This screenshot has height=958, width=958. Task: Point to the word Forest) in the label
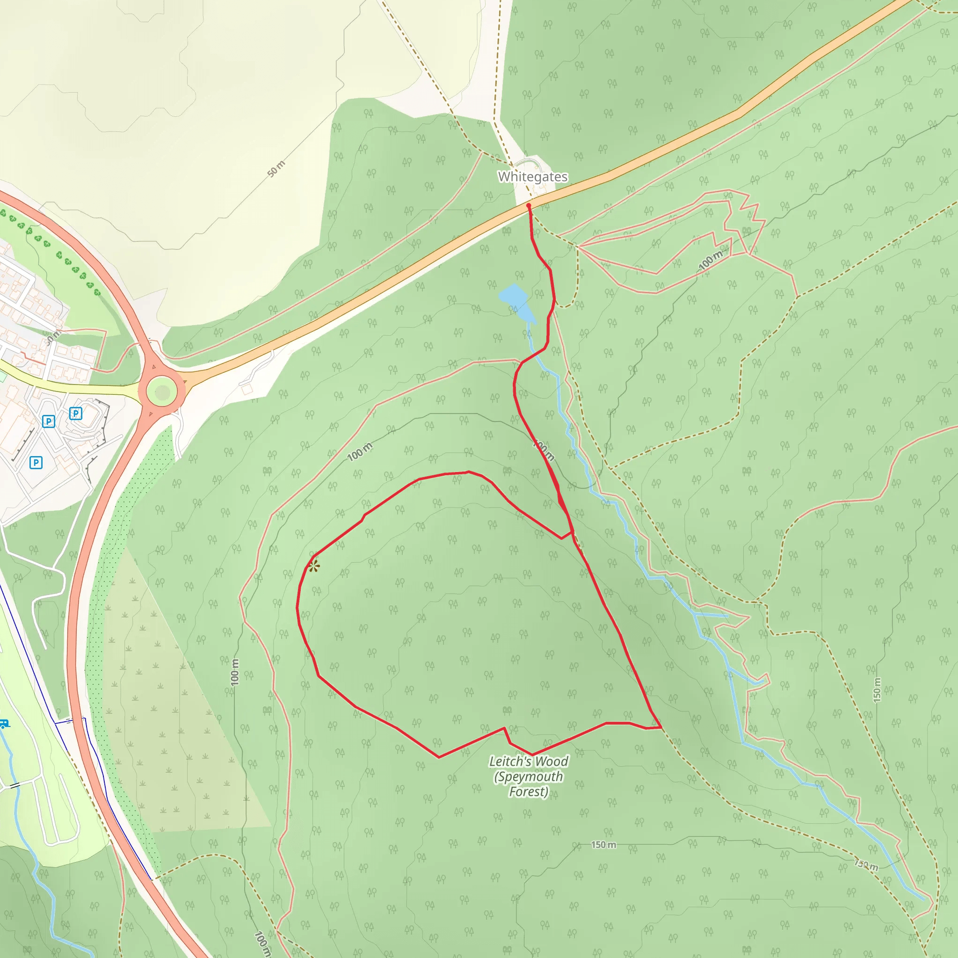529,791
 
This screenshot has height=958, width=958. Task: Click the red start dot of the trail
529,205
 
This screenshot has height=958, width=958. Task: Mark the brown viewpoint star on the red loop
314,566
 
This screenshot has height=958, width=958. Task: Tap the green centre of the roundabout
162,393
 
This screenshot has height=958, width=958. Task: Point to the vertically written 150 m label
877,689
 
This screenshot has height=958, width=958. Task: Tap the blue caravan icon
3,724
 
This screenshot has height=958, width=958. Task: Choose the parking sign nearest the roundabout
75,413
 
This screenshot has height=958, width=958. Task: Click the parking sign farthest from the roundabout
36,463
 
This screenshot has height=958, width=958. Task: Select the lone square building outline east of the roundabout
247,390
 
